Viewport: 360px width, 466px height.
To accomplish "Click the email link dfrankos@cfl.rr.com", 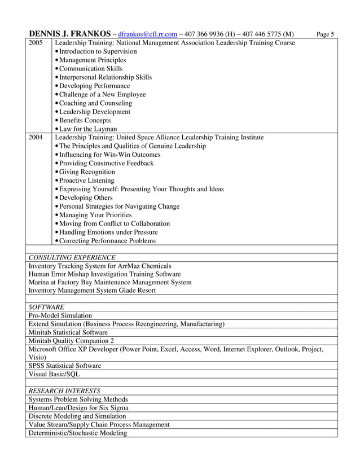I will click(148, 34).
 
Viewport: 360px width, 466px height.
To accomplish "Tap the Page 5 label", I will click(325, 34).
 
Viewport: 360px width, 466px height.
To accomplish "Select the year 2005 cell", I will click(36, 43).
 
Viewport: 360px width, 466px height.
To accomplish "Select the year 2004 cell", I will click(36, 137).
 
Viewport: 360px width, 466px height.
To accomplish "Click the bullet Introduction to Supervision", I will click(98, 51).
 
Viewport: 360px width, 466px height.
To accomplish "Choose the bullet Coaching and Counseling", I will click(95, 103).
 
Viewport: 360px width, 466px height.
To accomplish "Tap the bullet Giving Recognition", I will click(87, 172).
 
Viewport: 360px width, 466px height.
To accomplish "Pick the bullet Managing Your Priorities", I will click(95, 215).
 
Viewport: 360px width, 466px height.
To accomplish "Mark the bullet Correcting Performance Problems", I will click(107, 241).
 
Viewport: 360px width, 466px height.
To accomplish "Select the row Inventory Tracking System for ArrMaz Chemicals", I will click(100, 266).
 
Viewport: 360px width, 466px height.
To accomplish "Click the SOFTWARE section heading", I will click(46, 307).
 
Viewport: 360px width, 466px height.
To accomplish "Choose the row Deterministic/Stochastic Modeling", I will click(77, 433).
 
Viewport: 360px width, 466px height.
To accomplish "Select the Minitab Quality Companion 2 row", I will click(71, 341).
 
